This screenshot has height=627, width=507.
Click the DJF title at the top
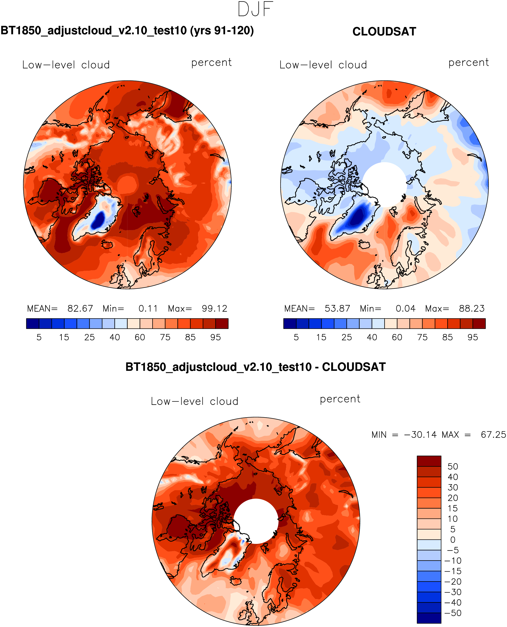[x=255, y=9]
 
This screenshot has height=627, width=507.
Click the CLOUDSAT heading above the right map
[x=384, y=32]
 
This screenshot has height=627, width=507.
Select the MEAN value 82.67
[x=80, y=308]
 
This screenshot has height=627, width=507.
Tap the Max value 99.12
[x=214, y=308]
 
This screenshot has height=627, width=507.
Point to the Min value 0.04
[x=405, y=308]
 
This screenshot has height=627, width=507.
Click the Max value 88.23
[x=472, y=308]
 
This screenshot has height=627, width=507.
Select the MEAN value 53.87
[x=337, y=308]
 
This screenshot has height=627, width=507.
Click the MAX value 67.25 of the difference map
[x=493, y=435]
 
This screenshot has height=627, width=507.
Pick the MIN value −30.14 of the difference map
[x=420, y=435]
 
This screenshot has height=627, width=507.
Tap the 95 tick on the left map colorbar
[x=215, y=337]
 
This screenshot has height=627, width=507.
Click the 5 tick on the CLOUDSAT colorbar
[x=296, y=337]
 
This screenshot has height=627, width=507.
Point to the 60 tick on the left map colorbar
[x=140, y=337]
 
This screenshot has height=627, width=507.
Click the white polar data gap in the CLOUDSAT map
[x=384, y=184]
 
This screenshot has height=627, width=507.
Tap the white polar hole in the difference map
[x=256, y=521]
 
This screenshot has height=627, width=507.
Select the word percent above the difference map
[x=340, y=399]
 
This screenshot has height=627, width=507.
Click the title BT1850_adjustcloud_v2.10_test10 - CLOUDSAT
[x=255, y=367]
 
